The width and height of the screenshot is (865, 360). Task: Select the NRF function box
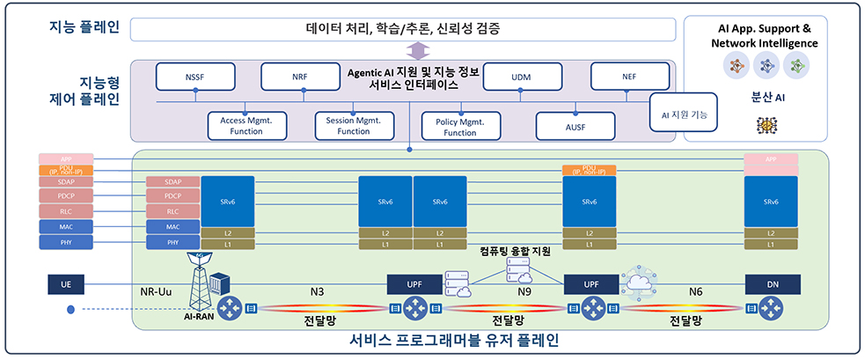point(300,77)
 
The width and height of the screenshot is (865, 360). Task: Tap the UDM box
point(520,77)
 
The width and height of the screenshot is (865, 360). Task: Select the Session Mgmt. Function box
point(354,126)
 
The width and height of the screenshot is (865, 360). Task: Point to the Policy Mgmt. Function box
point(460,126)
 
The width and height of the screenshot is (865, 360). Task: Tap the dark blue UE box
point(65,284)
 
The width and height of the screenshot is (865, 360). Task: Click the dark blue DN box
point(772,284)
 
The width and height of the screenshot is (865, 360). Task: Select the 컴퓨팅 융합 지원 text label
point(515,252)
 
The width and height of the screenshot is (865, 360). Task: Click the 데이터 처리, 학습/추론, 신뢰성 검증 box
point(403,29)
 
